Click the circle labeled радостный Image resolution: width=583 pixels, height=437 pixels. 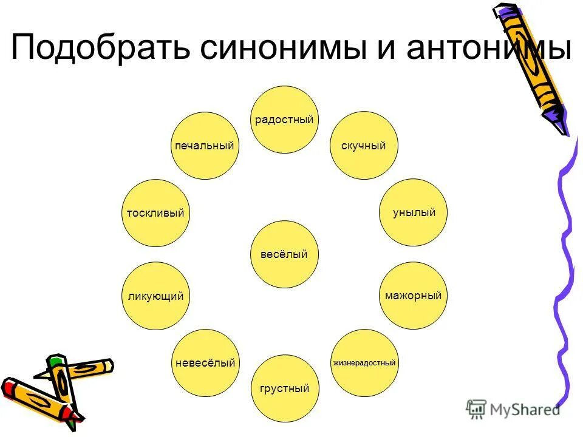[285, 119]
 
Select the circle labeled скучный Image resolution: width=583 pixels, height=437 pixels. [364, 145]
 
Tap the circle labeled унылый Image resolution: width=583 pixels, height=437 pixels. [413, 212]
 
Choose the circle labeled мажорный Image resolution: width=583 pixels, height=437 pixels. [413, 296]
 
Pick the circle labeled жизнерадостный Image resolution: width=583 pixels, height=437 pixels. [364, 363]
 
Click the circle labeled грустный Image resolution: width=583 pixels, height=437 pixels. [285, 388]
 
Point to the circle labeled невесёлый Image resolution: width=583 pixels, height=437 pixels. [205, 363]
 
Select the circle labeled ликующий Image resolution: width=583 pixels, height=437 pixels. [155, 296]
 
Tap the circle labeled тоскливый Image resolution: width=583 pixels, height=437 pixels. [155, 213]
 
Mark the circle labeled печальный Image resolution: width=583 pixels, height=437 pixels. [205, 146]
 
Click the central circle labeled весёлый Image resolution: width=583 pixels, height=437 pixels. [284, 254]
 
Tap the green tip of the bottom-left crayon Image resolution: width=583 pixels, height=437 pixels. [56, 362]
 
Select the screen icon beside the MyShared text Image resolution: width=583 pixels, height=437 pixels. [476, 410]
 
